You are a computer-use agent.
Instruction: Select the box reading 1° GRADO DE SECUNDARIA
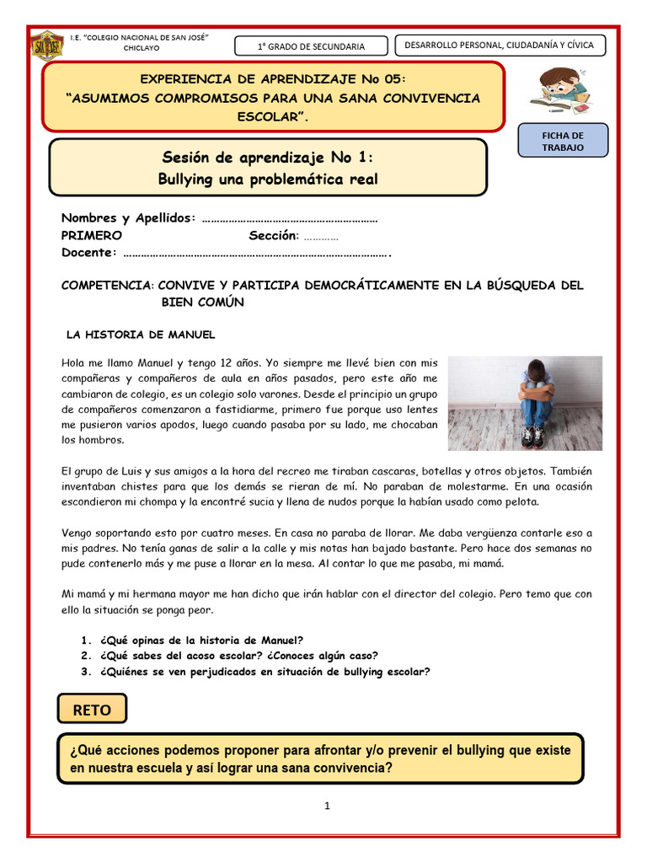point(311,46)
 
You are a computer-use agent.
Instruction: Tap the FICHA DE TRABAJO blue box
point(563,141)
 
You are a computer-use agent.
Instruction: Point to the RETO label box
point(92,710)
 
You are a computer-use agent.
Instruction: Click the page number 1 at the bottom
point(327,806)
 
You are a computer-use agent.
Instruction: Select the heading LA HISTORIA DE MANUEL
point(141,335)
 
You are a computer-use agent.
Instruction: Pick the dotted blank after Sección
point(321,236)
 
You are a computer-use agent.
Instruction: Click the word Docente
point(87,253)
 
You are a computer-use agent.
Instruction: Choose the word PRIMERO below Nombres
point(91,235)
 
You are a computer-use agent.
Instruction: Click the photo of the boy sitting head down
point(525,403)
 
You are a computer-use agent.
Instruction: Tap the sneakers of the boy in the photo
point(532,437)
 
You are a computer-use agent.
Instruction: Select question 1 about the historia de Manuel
point(201,640)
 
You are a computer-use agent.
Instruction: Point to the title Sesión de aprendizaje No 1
point(268,158)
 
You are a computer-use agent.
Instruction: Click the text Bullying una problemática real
point(268,179)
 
